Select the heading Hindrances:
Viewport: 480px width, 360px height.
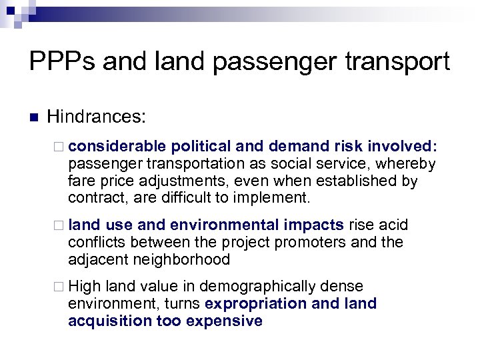coord(97,118)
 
